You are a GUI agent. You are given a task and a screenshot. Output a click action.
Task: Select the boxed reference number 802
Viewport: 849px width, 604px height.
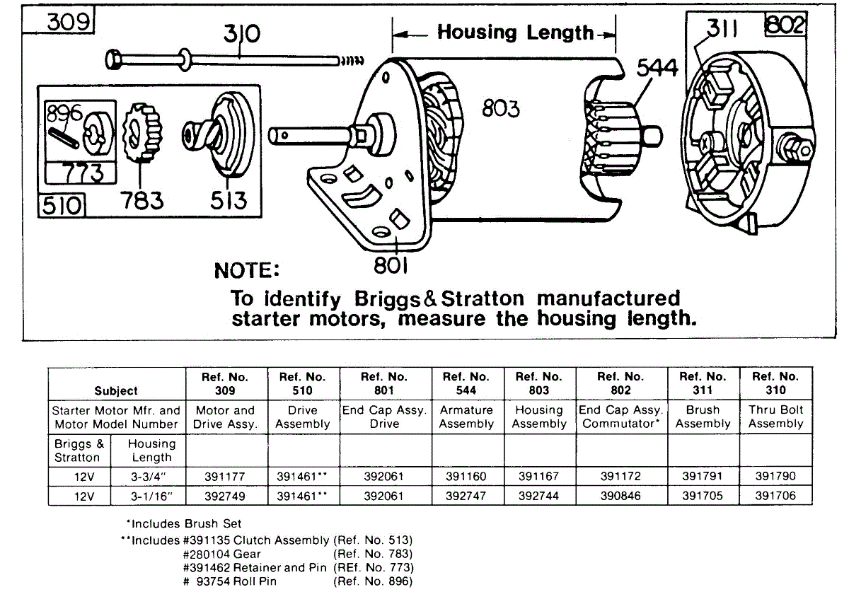point(785,25)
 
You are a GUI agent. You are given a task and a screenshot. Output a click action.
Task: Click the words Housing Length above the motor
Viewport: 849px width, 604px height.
point(515,32)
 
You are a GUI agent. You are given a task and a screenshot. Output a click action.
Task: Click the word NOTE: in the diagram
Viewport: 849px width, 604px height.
point(247,271)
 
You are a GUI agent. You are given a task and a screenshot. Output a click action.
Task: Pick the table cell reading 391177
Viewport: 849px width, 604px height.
point(224,477)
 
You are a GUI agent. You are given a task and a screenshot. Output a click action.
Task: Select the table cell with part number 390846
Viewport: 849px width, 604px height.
point(621,496)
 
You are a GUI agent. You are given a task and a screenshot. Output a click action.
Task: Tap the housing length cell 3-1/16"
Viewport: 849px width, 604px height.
point(151,496)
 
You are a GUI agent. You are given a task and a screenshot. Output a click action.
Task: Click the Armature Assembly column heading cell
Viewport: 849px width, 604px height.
point(466,417)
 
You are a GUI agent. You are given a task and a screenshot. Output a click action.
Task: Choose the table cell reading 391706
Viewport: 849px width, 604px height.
point(775,496)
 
